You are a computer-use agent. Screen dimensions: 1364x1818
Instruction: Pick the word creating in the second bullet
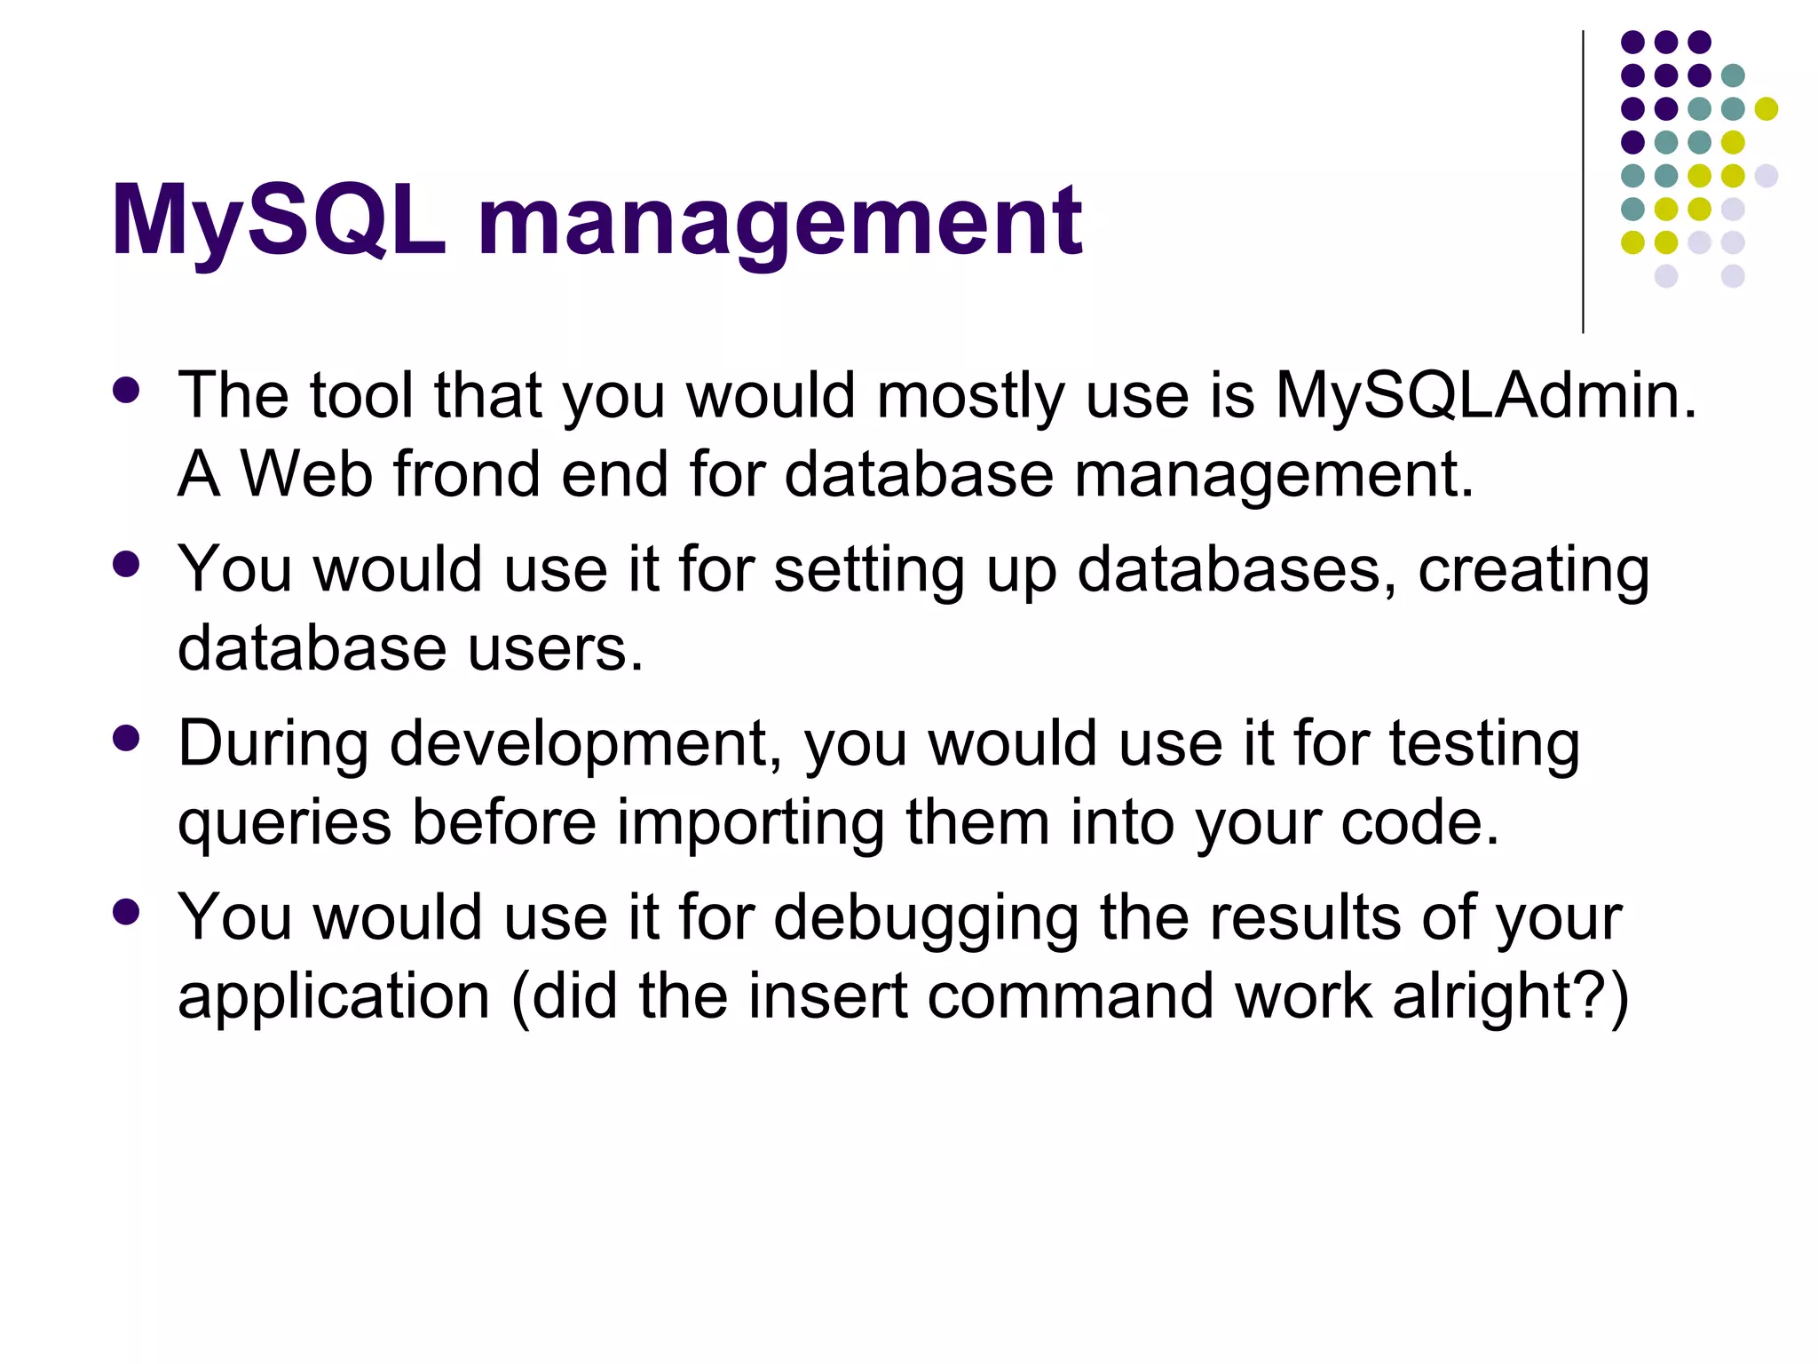(1533, 569)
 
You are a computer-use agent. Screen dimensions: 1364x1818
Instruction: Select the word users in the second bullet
(554, 648)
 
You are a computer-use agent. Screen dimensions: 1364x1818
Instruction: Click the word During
(273, 743)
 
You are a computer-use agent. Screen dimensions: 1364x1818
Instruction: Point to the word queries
(284, 822)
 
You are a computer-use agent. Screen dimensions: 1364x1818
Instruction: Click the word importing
(750, 822)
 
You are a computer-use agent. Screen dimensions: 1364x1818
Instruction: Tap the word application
(334, 996)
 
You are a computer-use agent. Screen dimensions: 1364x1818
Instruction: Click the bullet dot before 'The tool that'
(127, 391)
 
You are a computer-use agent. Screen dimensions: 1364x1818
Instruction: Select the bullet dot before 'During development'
(127, 739)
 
